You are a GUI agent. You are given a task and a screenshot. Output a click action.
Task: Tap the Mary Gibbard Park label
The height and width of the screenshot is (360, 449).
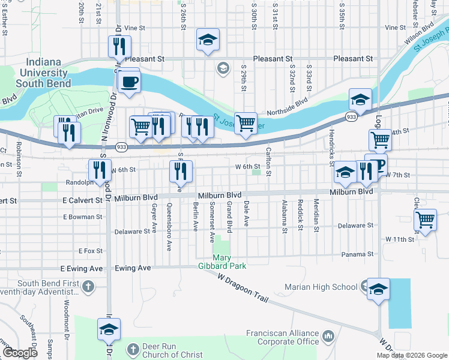click(222, 262)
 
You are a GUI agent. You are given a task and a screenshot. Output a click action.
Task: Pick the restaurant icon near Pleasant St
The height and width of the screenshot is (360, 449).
click(119, 47)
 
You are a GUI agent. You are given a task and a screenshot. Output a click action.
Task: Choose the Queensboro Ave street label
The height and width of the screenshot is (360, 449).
click(169, 227)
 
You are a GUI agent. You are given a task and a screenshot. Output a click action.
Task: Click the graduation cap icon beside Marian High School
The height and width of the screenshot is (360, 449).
click(378, 290)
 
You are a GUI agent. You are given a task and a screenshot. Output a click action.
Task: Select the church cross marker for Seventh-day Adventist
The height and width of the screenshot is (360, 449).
click(89, 287)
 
